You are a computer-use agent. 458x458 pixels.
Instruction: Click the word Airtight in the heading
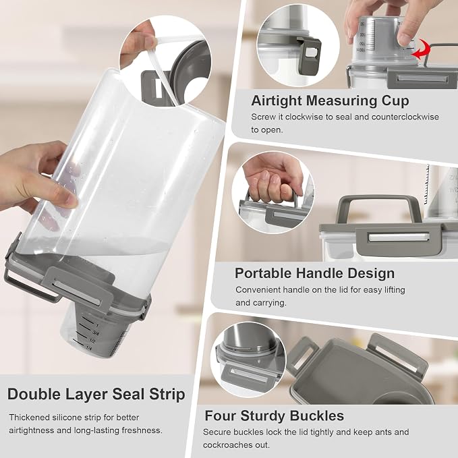(277, 101)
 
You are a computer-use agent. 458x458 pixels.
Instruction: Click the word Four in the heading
(220, 416)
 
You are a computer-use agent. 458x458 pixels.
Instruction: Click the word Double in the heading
(34, 394)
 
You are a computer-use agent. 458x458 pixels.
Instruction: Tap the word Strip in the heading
(167, 395)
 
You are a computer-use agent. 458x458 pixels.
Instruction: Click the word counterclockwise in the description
(405, 117)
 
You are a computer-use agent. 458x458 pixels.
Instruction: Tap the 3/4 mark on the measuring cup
(96, 333)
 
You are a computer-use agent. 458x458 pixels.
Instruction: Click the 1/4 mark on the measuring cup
(89, 348)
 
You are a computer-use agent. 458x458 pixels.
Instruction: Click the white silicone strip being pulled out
(163, 72)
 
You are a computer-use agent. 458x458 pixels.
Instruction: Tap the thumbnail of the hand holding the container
(273, 192)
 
